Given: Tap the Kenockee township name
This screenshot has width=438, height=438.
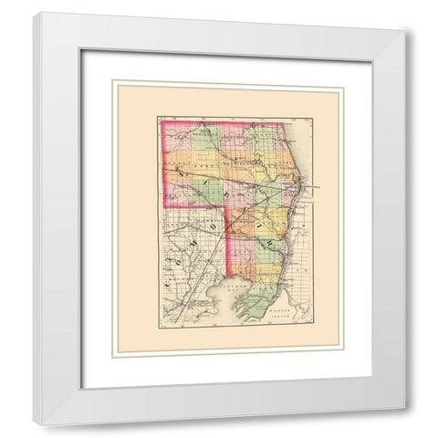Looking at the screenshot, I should coord(235,178).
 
